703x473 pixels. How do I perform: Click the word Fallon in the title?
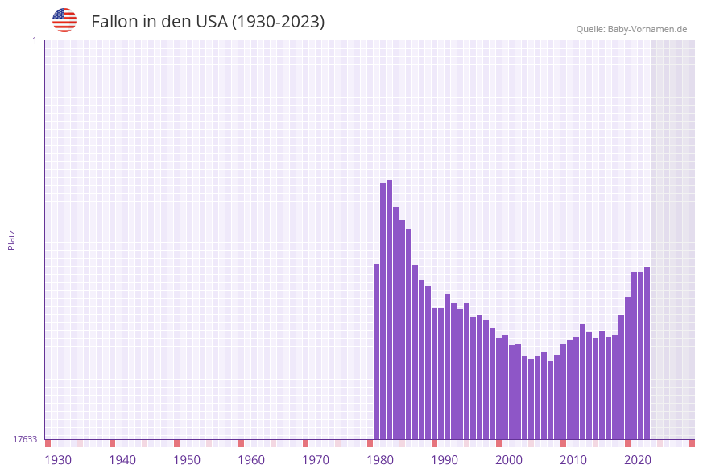pos(114,22)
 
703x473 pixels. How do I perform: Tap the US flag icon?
pos(64,20)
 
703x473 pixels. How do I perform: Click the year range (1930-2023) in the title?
pos(278,22)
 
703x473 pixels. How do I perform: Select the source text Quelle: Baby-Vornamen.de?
pos(631,29)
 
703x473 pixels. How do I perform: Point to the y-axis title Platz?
pos(12,239)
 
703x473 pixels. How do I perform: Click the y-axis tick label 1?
pos(34,40)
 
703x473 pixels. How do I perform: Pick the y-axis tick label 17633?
pos(25,439)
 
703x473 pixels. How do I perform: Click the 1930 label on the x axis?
pos(58,460)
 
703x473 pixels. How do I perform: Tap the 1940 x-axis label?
pos(122,460)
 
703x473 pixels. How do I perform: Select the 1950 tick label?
pos(187,460)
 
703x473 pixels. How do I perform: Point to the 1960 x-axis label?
pos(251,460)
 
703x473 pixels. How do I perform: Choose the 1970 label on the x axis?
pos(316,460)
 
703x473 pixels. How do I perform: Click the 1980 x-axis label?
pos(380,460)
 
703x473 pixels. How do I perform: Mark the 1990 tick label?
pos(445,460)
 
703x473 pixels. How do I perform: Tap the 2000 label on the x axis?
pos(509,460)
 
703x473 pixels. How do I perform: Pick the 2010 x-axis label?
pos(573,460)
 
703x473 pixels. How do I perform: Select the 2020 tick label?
pos(638,460)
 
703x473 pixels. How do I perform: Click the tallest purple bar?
pos(390,310)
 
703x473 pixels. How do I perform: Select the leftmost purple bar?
pos(376,351)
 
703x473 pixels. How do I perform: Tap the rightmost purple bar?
pos(647,353)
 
